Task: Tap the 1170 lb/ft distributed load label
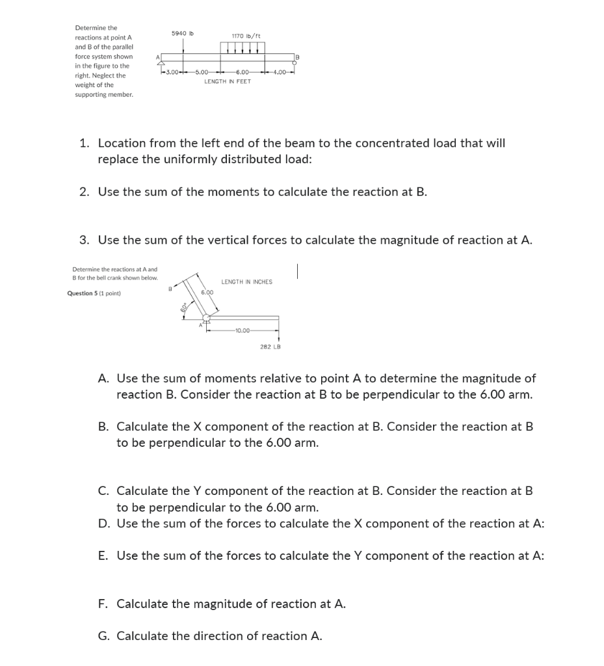(246, 36)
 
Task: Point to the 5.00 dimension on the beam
(201, 72)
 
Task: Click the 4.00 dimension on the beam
(280, 72)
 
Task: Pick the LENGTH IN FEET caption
(227, 82)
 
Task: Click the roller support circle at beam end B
(295, 65)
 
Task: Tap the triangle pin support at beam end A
(157, 66)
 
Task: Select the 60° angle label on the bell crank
(185, 307)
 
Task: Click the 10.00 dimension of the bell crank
(243, 330)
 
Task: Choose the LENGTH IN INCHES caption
(246, 282)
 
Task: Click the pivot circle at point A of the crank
(207, 318)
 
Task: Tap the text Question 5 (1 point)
(94, 293)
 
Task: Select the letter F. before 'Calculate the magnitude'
(103, 604)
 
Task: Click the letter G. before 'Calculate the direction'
(103, 636)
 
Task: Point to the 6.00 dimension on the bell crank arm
(207, 293)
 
